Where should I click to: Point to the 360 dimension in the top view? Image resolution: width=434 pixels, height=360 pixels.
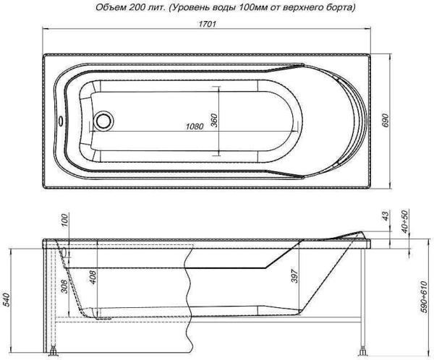tap(215, 121)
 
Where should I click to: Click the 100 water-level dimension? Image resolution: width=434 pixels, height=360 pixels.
tap(65, 221)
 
